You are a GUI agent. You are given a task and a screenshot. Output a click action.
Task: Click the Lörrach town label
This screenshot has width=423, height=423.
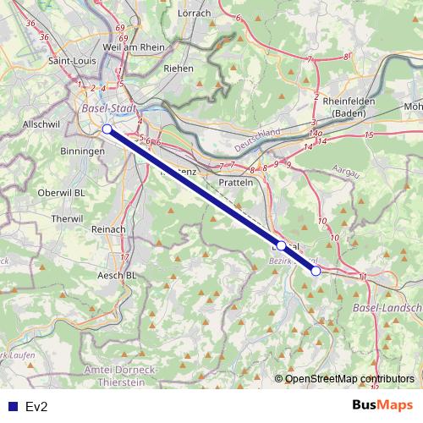click(195, 14)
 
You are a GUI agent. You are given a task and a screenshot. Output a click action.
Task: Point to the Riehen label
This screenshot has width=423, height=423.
click(179, 68)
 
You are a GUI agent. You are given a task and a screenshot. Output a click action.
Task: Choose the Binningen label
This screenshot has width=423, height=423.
click(83, 151)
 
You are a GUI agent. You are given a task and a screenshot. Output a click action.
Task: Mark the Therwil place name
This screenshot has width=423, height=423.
click(67, 217)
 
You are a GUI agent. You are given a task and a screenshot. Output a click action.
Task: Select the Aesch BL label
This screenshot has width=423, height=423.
click(118, 275)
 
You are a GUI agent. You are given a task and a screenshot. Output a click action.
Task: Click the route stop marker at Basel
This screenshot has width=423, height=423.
click(107, 129)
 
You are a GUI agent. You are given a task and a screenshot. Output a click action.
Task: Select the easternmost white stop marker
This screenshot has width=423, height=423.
click(316, 271)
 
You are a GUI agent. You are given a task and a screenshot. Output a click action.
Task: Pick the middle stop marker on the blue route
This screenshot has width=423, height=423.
click(281, 244)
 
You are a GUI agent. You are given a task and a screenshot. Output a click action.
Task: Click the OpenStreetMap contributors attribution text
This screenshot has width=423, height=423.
click(349, 378)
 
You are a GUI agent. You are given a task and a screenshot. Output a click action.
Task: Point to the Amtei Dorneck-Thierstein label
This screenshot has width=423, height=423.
click(122, 376)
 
